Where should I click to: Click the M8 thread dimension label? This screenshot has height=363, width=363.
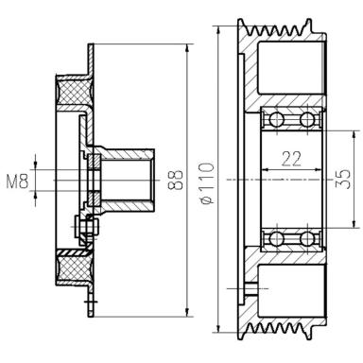pyautogui.click(x=18, y=181)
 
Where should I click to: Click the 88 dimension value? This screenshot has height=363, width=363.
pyautogui.click(x=176, y=181)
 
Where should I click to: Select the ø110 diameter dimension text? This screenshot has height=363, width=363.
pyautogui.click(x=207, y=183)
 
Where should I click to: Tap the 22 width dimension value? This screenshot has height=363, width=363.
pyautogui.click(x=291, y=159)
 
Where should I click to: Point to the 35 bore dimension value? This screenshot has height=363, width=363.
pyautogui.click(x=343, y=180)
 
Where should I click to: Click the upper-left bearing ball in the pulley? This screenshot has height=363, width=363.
pyautogui.click(x=277, y=120)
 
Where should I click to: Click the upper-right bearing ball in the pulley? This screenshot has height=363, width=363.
pyautogui.click(x=307, y=120)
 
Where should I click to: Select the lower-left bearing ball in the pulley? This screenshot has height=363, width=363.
pyautogui.click(x=277, y=239)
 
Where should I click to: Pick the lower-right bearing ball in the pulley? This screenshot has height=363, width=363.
pyautogui.click(x=307, y=239)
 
